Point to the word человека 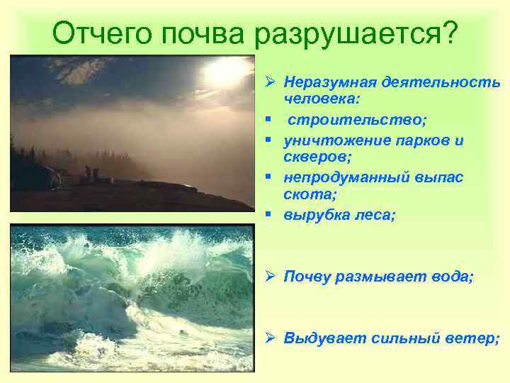tap(317, 100)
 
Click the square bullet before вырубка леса tap(270, 214)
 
